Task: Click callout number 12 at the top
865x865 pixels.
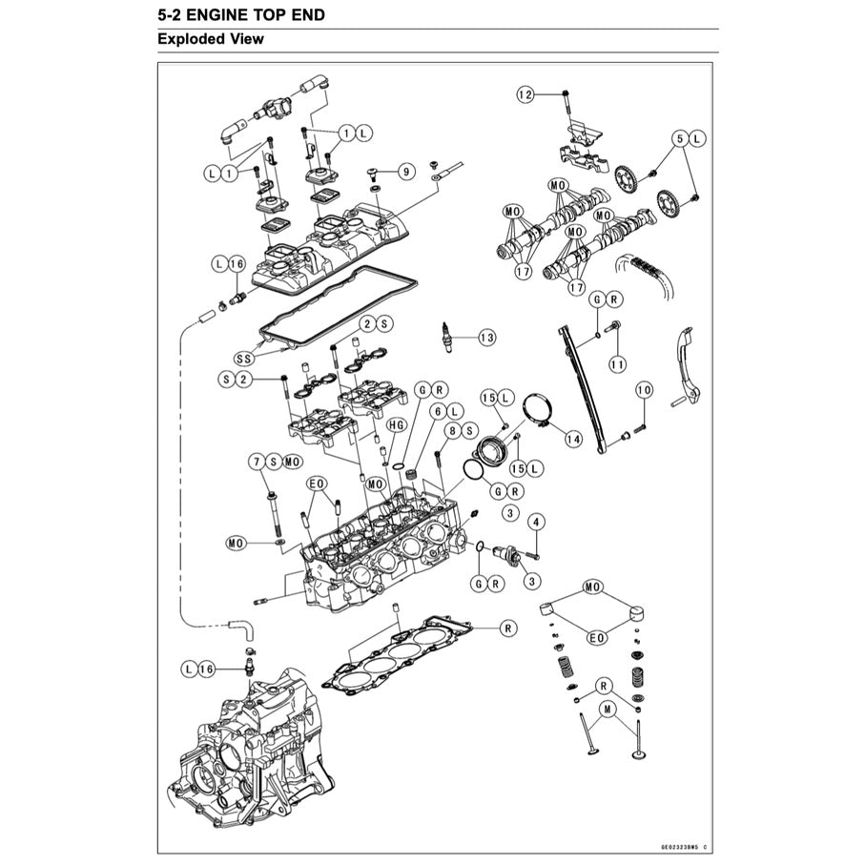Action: point(526,93)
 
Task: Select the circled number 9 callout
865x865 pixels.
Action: point(406,172)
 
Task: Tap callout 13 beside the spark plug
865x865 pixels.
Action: point(487,338)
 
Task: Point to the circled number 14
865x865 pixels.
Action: point(573,439)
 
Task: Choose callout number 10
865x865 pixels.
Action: point(645,390)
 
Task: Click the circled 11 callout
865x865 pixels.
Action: point(618,363)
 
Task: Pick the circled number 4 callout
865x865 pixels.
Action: point(536,522)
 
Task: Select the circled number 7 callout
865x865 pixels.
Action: point(257,462)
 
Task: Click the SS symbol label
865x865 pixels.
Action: point(244,359)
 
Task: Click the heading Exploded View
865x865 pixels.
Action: point(210,39)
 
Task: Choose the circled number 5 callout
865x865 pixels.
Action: point(680,138)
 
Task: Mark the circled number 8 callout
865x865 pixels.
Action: point(454,431)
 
